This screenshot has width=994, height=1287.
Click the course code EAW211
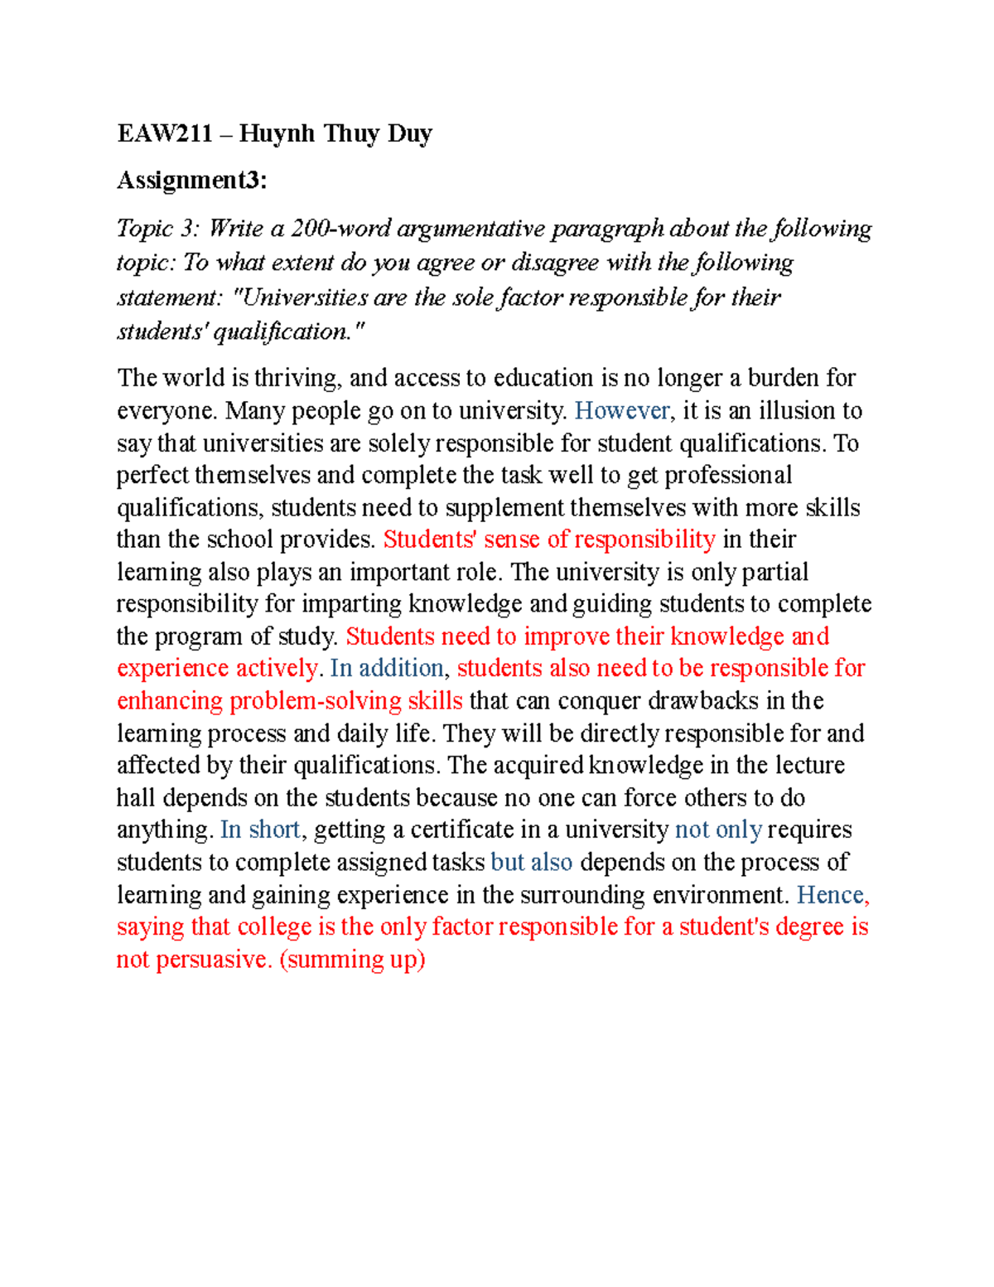tap(165, 133)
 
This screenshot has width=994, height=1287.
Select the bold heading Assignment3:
tap(192, 180)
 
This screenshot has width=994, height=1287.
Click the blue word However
tap(622, 411)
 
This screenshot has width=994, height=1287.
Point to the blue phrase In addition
tap(387, 668)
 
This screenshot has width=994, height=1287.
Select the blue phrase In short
tap(260, 830)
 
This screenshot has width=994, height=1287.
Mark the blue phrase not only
tap(718, 830)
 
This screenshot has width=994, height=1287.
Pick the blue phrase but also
tap(532, 862)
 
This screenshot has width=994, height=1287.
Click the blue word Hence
tap(830, 895)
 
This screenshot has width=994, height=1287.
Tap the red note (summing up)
tap(352, 960)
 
